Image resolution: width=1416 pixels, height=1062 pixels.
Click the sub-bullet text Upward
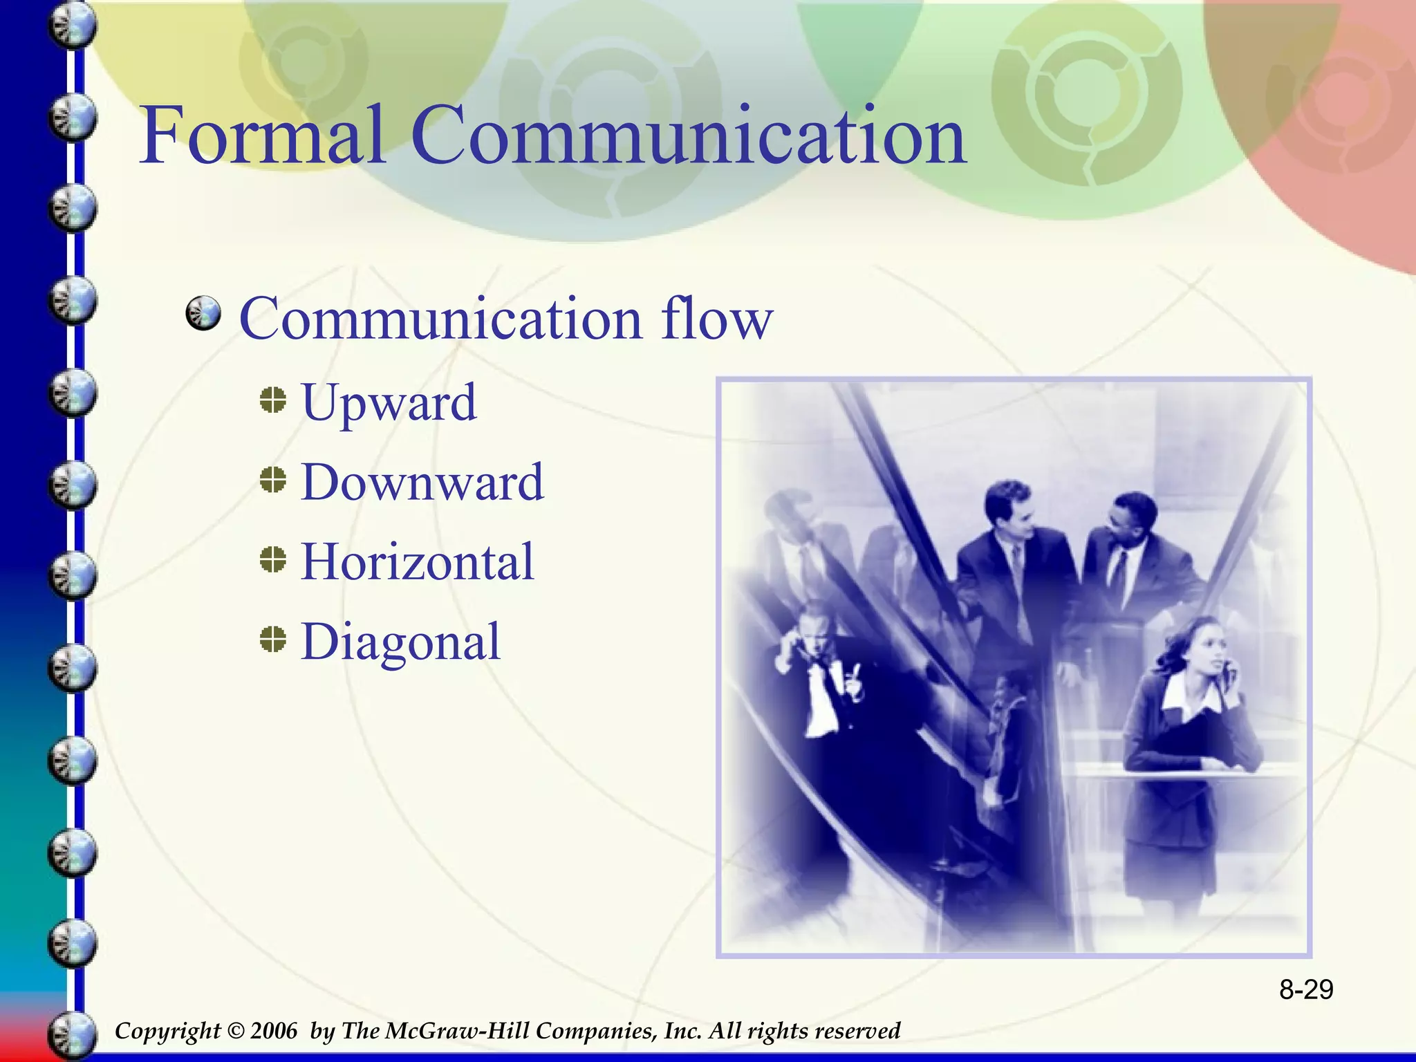click(389, 402)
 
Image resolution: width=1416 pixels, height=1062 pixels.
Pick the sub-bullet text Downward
click(422, 482)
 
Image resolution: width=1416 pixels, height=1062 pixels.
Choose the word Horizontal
click(418, 561)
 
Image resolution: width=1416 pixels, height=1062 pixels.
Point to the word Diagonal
click(400, 642)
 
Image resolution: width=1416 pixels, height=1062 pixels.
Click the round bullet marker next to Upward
click(274, 400)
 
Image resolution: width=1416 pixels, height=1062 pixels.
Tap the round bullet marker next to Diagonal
click(274, 640)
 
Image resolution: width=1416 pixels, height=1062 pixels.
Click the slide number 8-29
click(1305, 990)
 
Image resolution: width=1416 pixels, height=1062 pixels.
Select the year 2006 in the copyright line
click(273, 1031)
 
